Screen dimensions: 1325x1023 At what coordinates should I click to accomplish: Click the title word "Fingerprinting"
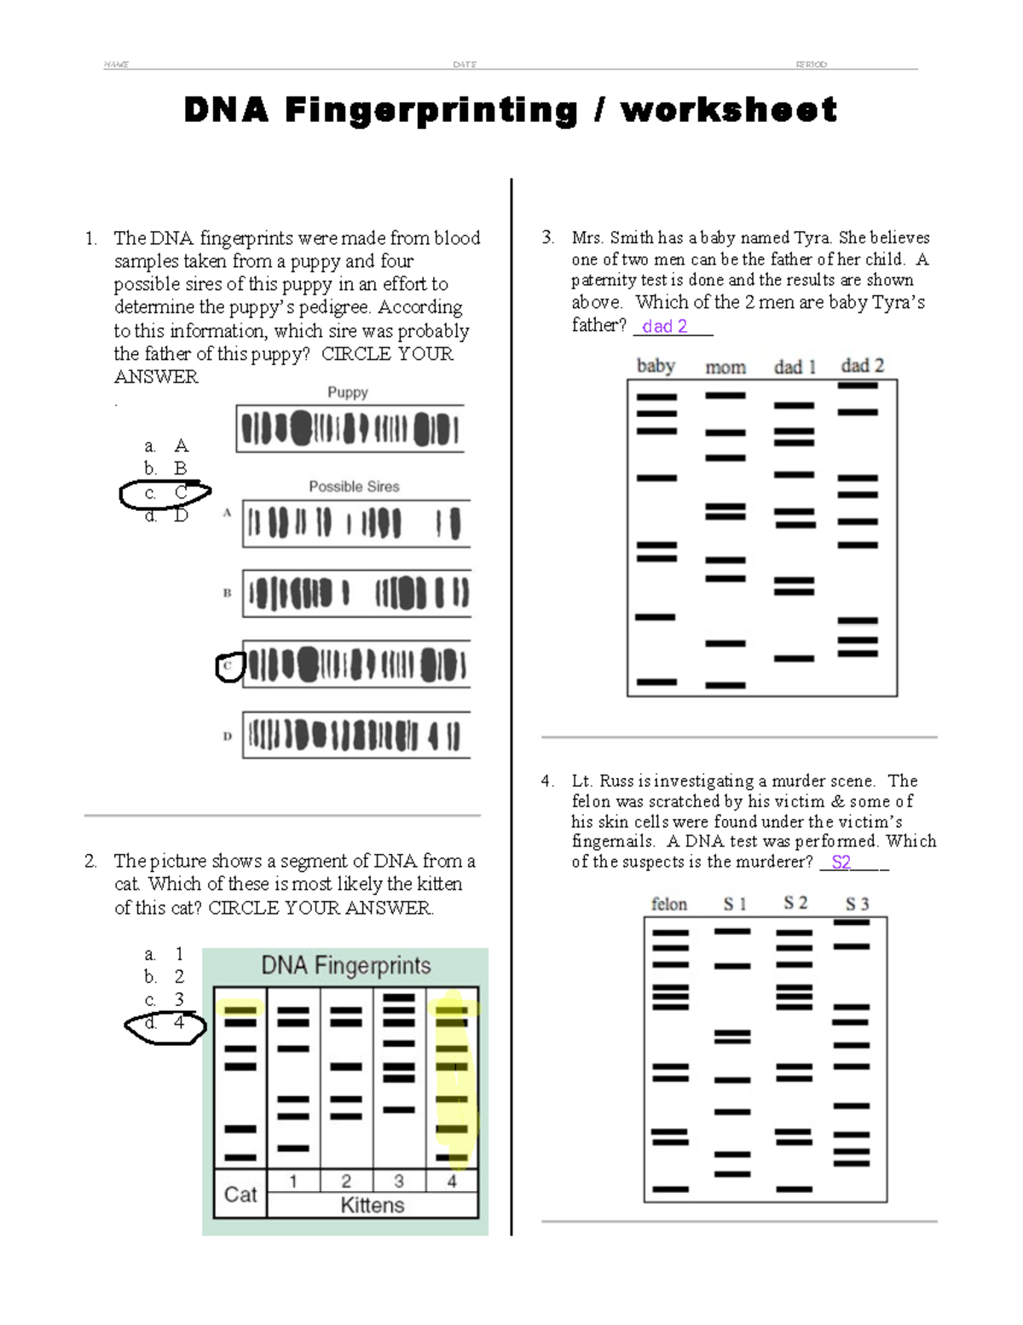pos(431,110)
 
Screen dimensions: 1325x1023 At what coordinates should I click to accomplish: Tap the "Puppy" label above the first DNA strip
pos(348,392)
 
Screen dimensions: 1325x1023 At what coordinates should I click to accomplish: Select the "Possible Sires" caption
pos(354,486)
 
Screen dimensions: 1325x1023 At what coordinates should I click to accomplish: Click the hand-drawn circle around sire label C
pos(229,666)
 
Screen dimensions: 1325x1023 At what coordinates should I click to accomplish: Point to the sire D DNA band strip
pos(356,735)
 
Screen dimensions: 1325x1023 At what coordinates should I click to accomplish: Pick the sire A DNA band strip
pos(356,523)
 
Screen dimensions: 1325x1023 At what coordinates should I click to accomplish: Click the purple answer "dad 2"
pos(664,326)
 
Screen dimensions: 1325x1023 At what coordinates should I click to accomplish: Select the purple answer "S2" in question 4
pos(841,863)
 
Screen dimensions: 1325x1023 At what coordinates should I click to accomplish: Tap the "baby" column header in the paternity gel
pos(656,366)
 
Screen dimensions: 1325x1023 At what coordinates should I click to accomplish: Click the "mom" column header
pos(725,367)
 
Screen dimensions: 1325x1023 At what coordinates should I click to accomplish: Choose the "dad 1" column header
pos(795,367)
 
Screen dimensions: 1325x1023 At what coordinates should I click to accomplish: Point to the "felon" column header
pos(669,904)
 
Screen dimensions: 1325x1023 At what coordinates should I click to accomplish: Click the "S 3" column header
pos(857,904)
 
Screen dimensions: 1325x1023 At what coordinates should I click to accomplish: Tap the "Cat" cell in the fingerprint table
pos(240,1194)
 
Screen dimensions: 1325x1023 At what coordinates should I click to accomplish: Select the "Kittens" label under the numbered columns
pos(373,1206)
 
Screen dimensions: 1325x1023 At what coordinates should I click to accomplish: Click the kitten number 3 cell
pos(399,1181)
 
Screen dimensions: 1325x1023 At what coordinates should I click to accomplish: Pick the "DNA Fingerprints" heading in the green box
pos(345,966)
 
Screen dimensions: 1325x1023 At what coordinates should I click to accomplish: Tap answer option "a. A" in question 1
pos(167,445)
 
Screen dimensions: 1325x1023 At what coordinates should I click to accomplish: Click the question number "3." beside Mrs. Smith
pos(548,237)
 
